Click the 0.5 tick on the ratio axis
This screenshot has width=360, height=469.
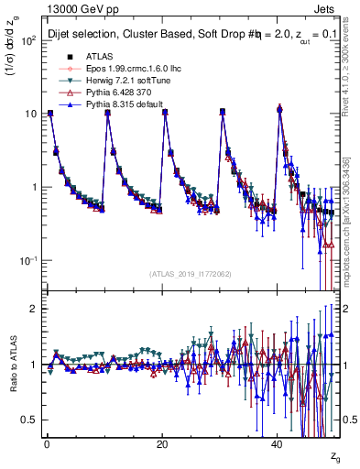coord(27,420)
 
